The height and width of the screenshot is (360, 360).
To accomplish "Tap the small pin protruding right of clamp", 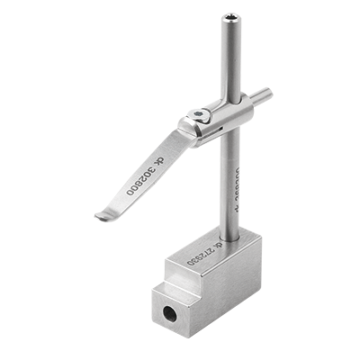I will pyautogui.click(x=262, y=93).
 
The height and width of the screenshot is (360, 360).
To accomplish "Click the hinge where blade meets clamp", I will pyautogui.click(x=189, y=130).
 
